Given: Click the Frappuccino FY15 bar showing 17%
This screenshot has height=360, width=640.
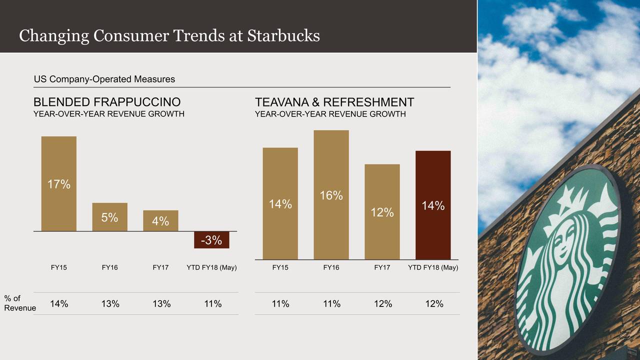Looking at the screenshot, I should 59,183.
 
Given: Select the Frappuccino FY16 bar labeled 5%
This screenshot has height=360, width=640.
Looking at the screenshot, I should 110,217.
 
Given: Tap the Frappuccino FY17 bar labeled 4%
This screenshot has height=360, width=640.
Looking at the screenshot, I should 160,220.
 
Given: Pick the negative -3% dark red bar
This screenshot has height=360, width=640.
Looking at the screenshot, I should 211,240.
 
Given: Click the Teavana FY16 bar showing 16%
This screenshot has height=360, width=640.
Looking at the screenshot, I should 331,195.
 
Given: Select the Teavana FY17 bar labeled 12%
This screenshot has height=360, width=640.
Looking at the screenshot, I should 382,212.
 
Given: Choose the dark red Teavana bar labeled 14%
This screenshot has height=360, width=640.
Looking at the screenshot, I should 433,205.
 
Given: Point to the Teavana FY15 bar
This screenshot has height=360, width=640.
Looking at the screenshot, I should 280,203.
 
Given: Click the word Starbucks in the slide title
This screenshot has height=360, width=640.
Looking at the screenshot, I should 283,35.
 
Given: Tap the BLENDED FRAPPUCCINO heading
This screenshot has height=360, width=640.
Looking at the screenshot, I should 107,102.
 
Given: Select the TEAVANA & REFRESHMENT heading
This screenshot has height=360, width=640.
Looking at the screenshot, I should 334,102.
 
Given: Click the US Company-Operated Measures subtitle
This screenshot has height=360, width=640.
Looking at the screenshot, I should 104,79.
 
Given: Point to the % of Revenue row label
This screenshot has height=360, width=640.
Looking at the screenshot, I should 19,303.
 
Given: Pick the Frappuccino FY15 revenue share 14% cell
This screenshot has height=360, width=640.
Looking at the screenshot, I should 59,303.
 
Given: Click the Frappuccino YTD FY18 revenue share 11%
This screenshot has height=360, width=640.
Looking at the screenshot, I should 212,303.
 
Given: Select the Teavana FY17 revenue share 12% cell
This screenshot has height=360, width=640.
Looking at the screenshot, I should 382,303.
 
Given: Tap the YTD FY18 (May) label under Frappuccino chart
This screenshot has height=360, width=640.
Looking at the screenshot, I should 211,267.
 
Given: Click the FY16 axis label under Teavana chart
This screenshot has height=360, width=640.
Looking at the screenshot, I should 331,267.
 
